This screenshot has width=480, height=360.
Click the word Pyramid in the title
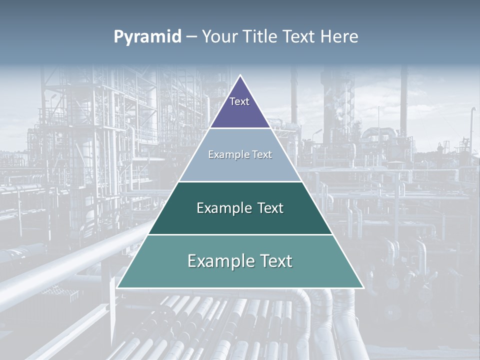click(x=147, y=37)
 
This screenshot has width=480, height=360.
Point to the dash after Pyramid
click(x=191, y=37)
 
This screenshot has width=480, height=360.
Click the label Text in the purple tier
click(x=239, y=101)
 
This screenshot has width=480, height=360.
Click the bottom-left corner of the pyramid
click(x=117, y=287)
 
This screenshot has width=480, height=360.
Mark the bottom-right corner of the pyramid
click(x=363, y=287)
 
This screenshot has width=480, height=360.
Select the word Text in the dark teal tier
click(x=270, y=208)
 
